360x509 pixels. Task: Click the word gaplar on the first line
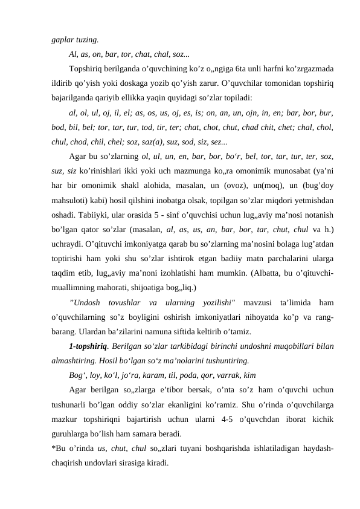pos(62,40)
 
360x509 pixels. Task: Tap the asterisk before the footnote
pos(53,448)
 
